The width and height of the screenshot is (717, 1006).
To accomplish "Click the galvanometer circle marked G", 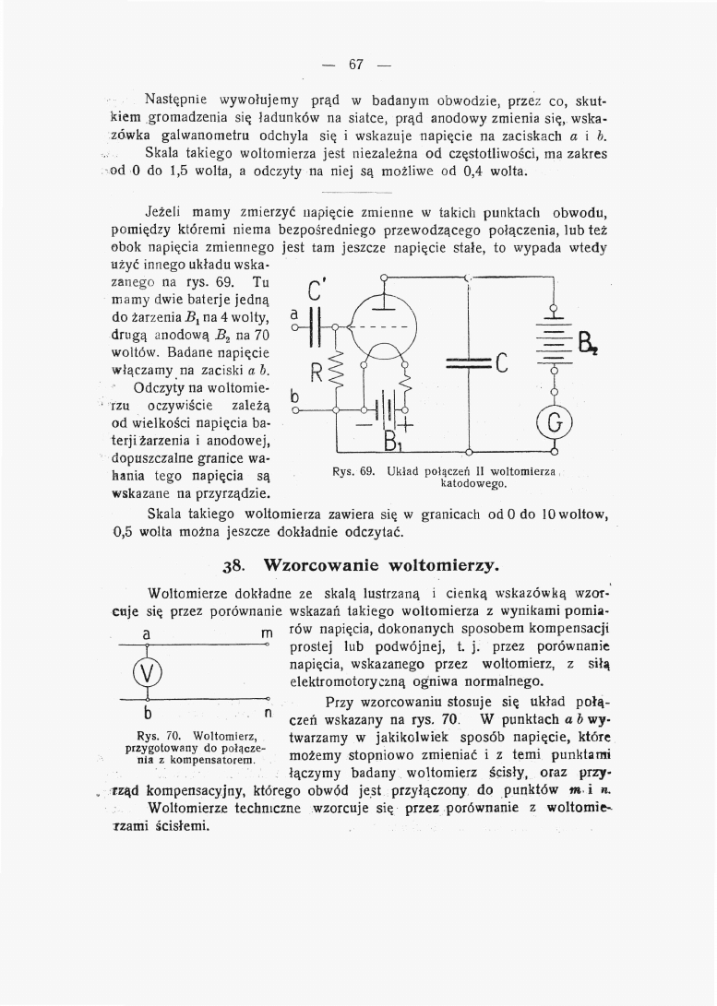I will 554,423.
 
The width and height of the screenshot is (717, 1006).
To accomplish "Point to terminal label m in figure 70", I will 266,636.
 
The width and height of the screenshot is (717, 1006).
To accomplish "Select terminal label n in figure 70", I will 268,713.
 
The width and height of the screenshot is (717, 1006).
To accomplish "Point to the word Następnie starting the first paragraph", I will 178,99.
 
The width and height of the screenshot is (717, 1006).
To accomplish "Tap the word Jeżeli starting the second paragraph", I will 166,211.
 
